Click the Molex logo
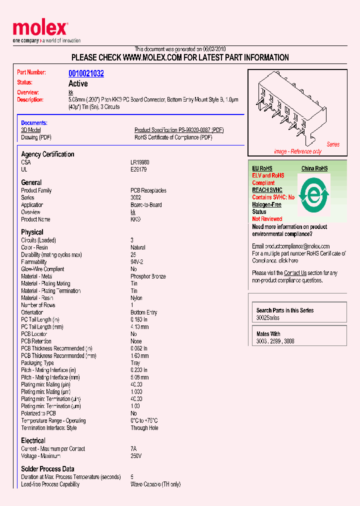40,29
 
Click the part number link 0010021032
86,73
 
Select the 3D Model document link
31,130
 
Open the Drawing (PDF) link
36,137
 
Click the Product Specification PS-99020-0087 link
179,130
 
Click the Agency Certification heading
47,154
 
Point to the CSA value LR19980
140,162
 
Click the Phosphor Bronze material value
148,276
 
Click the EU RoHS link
262,168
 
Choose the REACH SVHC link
267,190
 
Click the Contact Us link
295,273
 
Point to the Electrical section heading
33,440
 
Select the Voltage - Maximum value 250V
136,456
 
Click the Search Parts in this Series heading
285,310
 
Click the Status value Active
78,83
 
